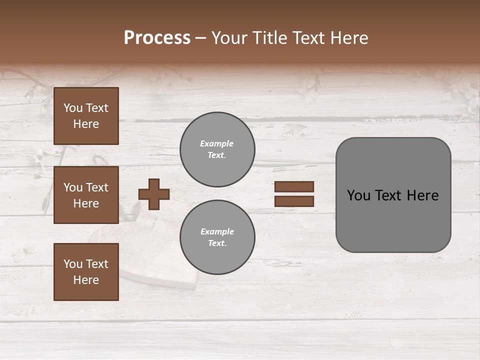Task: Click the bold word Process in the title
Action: click(157, 38)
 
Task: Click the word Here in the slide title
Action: click(348, 38)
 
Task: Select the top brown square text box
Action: click(86, 116)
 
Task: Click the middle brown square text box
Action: click(86, 195)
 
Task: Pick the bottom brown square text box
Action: click(86, 272)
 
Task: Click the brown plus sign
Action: click(154, 194)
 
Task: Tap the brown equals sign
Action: click(294, 194)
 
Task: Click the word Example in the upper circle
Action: click(216, 143)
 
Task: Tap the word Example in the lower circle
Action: click(217, 231)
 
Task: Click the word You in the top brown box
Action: click(73, 108)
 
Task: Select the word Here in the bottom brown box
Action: click(86, 280)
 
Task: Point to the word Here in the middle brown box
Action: click(86, 203)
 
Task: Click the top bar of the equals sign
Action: click(294, 187)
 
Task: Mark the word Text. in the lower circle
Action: click(217, 243)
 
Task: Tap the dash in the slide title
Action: click(200, 38)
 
